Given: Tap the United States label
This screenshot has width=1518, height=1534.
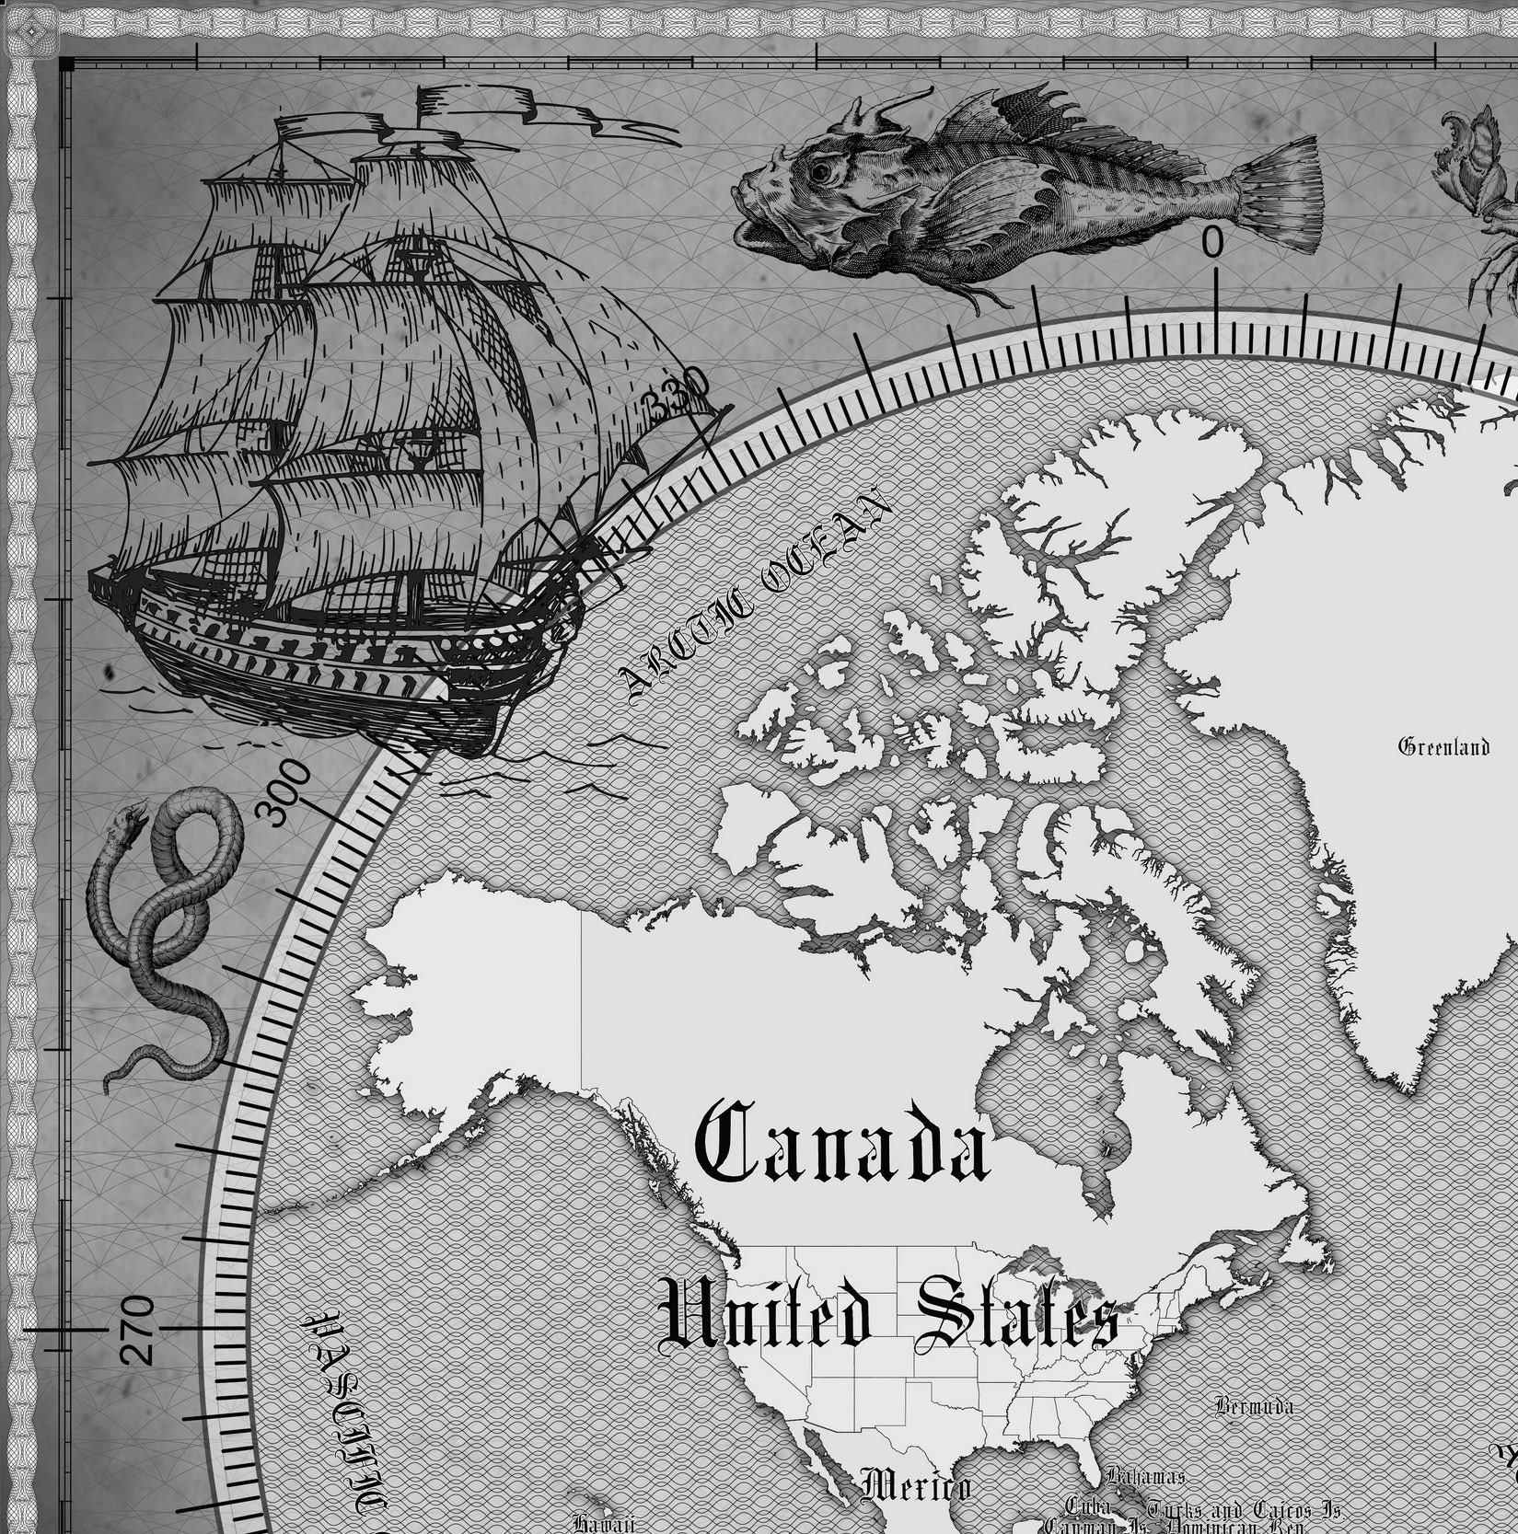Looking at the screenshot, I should tap(889, 1319).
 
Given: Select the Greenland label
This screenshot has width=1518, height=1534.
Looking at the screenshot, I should tap(1443, 746).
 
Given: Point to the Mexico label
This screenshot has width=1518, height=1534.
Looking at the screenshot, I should tap(915, 1486).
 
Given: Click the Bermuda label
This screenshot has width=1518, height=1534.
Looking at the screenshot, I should tap(1254, 1406).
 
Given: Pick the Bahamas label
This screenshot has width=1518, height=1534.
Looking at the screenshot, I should tap(1145, 1477).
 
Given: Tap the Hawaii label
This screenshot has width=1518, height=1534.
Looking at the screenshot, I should tap(604, 1523).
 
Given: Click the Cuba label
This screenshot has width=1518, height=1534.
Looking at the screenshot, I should tap(1090, 1506).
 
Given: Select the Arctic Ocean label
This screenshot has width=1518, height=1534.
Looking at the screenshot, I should tap(755, 599).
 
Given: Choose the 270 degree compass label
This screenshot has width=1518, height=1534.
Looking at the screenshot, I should tap(137, 1328).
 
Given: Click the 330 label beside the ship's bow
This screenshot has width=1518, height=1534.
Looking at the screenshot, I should tap(678, 393).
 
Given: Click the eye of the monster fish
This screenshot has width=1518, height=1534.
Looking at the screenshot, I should tap(818, 170).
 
